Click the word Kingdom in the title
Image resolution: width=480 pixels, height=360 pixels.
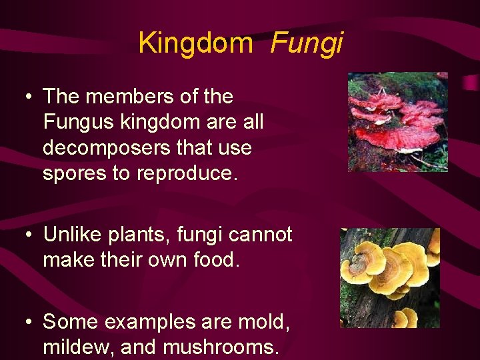coord(195,43)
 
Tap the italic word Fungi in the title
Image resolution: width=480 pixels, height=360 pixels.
coord(306,43)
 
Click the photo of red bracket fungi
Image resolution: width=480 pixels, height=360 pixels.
coord(397,122)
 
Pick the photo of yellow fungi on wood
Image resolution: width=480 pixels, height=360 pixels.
coord(390,277)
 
